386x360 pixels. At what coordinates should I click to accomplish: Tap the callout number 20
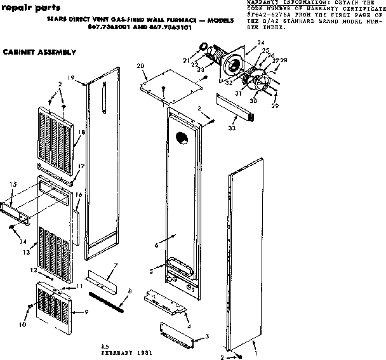(x=140, y=66)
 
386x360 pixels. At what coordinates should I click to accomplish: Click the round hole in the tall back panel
(x=182, y=138)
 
